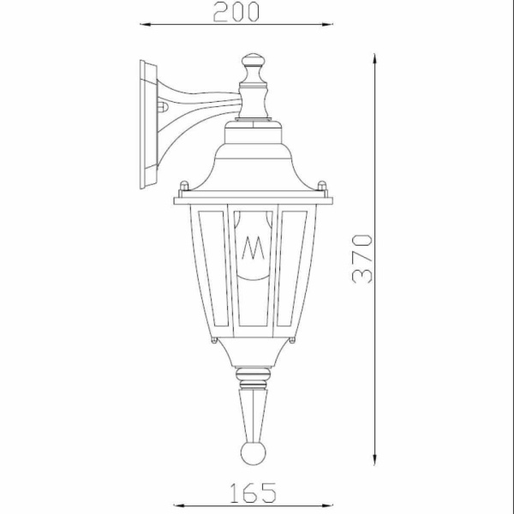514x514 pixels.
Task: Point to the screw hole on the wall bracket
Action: point(163,108)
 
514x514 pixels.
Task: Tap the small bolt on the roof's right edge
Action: point(322,185)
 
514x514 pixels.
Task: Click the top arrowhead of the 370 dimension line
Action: point(375,58)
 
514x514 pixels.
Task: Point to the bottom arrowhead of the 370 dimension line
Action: point(375,460)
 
